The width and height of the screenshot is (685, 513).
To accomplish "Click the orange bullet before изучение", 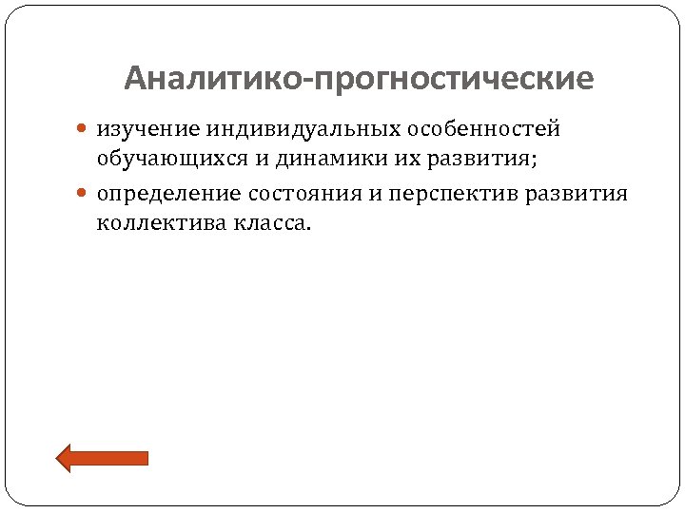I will click(x=85, y=128).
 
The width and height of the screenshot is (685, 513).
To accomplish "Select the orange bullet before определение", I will click(x=85, y=194).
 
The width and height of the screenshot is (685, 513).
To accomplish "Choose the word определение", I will click(x=168, y=194).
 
